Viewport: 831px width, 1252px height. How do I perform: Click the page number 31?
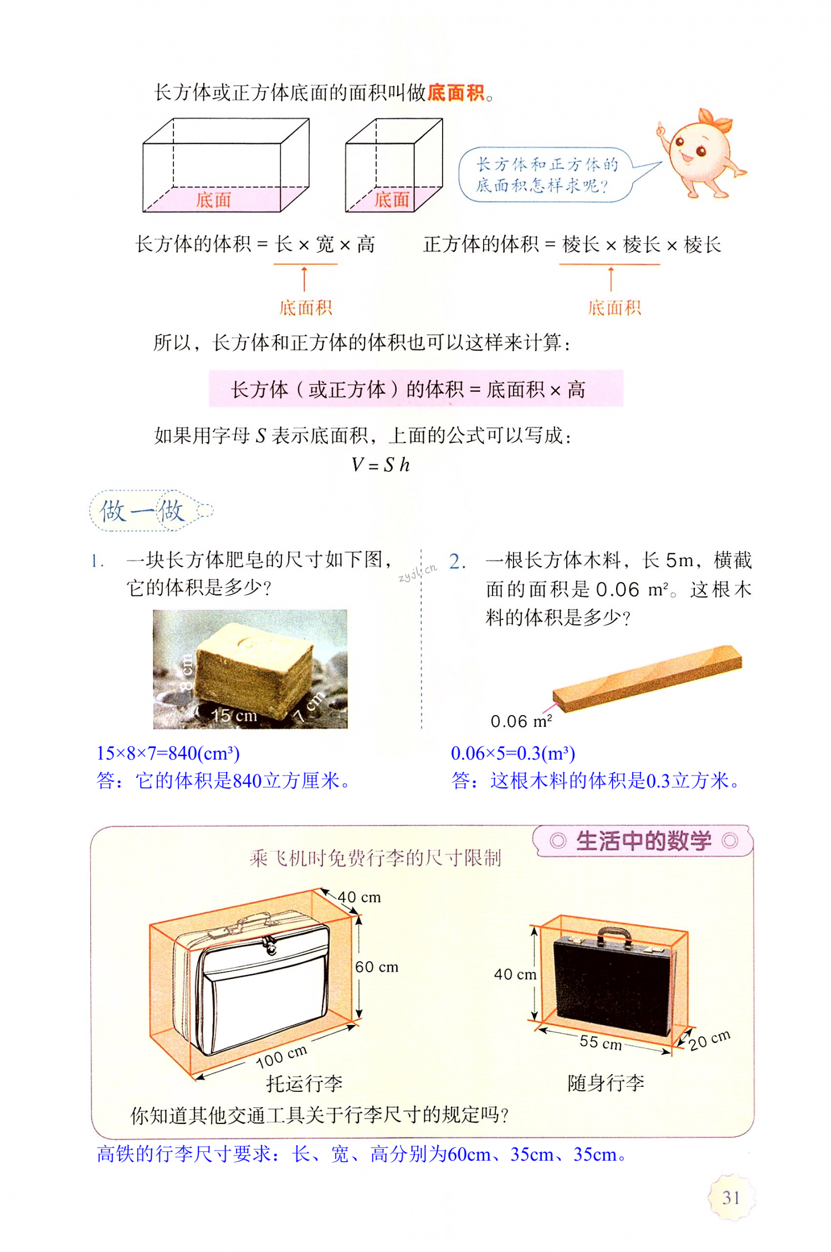[x=731, y=1198]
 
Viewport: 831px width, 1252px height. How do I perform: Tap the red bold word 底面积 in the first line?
[x=456, y=93]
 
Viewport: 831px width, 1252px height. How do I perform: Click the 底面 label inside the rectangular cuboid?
[x=213, y=200]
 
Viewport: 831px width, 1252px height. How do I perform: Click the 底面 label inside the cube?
[x=391, y=200]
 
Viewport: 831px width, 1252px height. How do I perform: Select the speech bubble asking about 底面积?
[x=546, y=175]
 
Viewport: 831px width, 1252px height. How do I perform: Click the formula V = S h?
[x=381, y=465]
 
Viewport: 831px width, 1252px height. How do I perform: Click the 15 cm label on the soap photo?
[x=234, y=716]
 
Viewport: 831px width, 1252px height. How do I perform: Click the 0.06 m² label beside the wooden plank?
[x=521, y=721]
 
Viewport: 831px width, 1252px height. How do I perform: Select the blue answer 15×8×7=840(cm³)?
[x=168, y=753]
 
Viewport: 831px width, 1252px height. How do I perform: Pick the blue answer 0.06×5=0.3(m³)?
[x=512, y=753]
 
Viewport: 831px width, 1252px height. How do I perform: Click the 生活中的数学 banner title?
[x=643, y=841]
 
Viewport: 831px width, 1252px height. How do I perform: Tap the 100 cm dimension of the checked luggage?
[x=281, y=1056]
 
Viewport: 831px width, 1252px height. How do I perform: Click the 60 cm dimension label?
[x=377, y=967]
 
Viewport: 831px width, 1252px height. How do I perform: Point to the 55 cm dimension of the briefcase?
[x=601, y=1043]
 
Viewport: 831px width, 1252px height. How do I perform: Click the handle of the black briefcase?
[x=614, y=935]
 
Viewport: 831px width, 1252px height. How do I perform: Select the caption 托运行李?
[x=304, y=1083]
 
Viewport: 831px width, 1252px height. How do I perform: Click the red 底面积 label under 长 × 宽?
[x=305, y=307]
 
